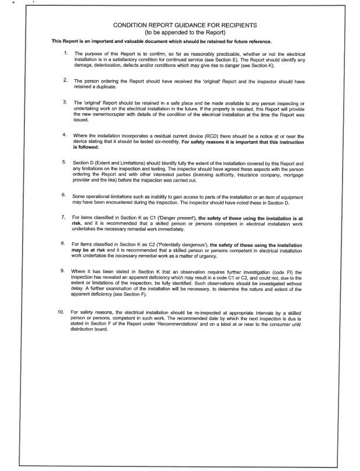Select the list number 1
[x=66, y=53]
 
